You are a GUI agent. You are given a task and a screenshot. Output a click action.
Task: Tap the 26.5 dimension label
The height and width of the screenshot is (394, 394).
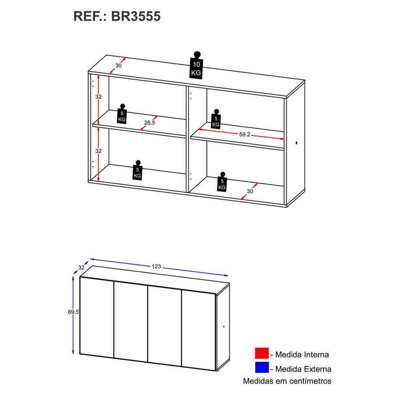coord(150,123)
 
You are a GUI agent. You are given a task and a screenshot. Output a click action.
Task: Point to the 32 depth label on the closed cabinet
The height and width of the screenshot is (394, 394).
coord(81,268)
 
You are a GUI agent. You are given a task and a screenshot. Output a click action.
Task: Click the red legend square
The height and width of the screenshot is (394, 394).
coord(262,354)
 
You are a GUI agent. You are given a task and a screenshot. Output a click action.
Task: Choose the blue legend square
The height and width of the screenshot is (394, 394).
coord(262,368)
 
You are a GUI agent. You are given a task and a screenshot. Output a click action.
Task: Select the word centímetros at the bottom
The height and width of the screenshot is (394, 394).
coord(305,381)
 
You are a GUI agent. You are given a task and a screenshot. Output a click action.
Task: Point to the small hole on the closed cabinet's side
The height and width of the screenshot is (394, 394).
coord(223,327)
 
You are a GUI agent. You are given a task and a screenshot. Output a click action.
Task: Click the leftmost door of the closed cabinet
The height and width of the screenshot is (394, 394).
coord(97,316)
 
